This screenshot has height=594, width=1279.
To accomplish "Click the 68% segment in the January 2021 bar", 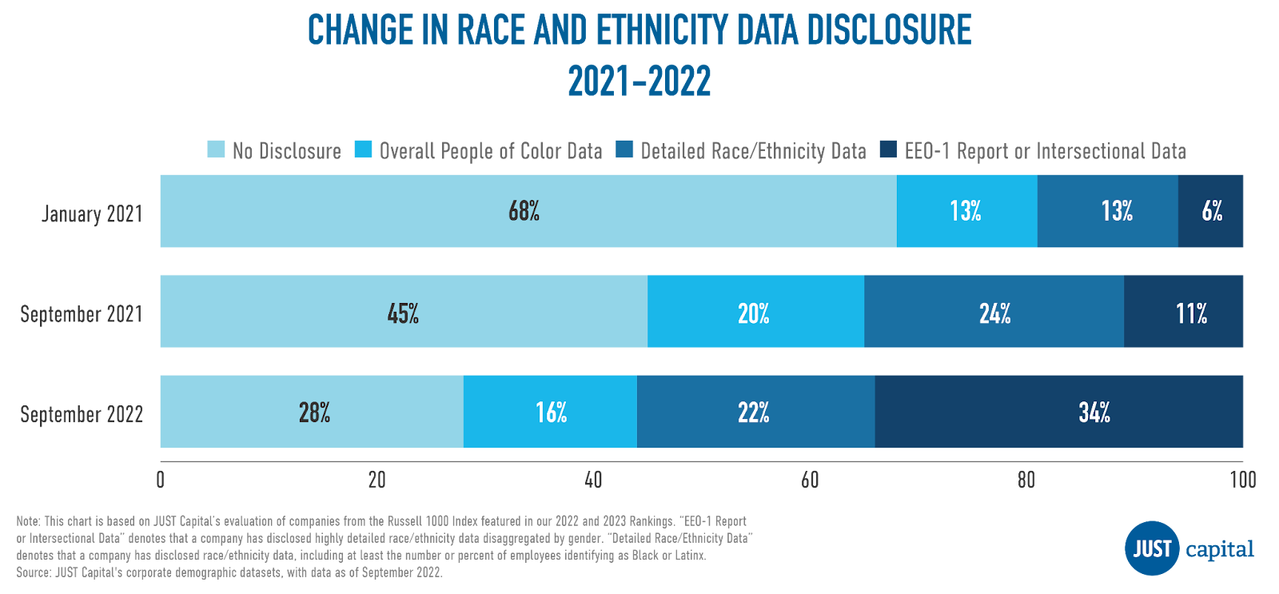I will click(528, 211).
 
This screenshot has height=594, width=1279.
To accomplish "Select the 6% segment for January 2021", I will click(1211, 211).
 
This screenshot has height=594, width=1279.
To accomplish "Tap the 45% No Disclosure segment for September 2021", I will click(404, 312).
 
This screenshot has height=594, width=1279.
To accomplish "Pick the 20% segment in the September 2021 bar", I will click(755, 312).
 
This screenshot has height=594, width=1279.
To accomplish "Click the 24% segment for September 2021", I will click(994, 312).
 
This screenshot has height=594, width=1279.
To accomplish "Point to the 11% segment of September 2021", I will click(1184, 312).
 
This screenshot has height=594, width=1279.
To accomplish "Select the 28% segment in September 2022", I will click(312, 412).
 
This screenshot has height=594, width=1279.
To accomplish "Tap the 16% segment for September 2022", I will click(550, 412).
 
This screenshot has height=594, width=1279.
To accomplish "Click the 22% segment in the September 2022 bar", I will click(755, 412).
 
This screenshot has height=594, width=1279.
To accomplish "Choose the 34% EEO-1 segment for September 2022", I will click(1059, 412).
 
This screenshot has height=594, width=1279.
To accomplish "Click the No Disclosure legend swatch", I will click(216, 149).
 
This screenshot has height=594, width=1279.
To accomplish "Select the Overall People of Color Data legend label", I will click(490, 151).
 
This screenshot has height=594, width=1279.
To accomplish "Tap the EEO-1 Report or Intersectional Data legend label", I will click(1045, 151).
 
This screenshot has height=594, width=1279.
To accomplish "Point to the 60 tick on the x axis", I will click(810, 480).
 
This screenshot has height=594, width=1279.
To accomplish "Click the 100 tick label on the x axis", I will click(1242, 480).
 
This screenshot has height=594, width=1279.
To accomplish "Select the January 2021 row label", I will click(92, 214).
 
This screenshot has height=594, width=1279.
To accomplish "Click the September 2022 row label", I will click(82, 414).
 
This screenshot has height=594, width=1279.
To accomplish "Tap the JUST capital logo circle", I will click(1152, 548).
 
